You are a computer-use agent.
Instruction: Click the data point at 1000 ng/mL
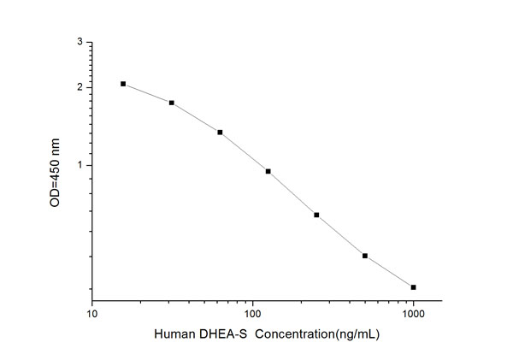[x=414, y=287]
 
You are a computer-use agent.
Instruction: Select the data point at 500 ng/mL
[x=365, y=256]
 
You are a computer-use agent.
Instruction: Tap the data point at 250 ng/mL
[x=316, y=215]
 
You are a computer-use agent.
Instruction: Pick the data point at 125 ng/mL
[x=268, y=171]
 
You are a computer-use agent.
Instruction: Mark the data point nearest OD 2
[x=123, y=84]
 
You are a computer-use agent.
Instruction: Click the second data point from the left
[x=172, y=103]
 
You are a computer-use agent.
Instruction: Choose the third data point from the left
[x=220, y=133]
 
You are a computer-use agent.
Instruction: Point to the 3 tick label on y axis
[x=80, y=42]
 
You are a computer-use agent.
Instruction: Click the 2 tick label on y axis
[x=80, y=87]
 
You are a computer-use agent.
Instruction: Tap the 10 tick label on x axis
[x=92, y=314]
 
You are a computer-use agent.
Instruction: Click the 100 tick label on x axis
[x=252, y=314]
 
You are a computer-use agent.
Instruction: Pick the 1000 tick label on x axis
[x=414, y=314]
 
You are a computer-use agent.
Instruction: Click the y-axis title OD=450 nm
[x=56, y=171]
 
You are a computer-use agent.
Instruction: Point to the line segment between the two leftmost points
[x=147, y=93]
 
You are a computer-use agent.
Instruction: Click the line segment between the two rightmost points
[x=389, y=272]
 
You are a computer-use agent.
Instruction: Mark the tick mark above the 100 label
[x=252, y=299]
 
